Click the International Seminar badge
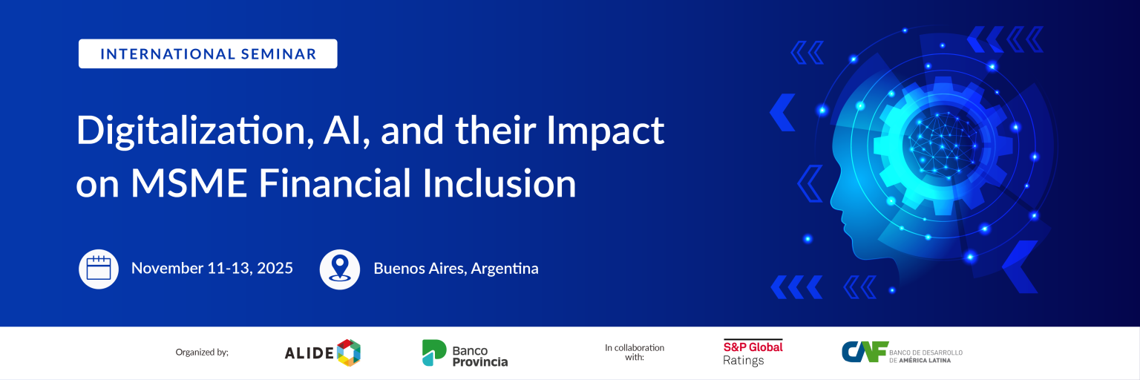point(208,53)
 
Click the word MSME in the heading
point(189,183)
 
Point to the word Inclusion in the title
point(499,183)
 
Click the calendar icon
point(98,269)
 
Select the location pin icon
point(339,269)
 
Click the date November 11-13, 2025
point(212,268)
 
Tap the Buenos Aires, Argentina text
point(456,269)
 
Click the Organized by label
point(202,352)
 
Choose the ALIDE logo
point(322,353)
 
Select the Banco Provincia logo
point(465,353)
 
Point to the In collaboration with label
point(634,352)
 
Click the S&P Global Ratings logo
point(753,353)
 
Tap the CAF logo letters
point(865,352)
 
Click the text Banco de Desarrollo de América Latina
point(926,356)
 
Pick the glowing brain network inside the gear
point(943,145)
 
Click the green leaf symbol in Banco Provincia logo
point(433,353)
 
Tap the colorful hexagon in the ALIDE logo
point(349,353)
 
